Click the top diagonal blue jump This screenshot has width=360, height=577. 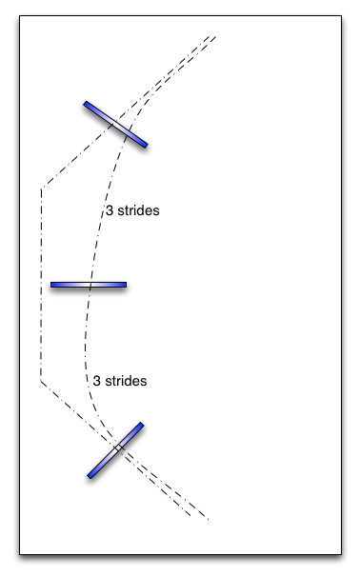click(115, 125)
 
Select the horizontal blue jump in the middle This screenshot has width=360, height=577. click(89, 285)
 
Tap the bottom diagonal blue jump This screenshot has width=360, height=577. click(115, 450)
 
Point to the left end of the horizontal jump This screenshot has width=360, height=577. click(53, 285)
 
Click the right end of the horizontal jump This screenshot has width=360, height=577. click(124, 285)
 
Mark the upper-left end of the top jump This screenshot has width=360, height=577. click(87, 104)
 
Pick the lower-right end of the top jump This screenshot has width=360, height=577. click(145, 146)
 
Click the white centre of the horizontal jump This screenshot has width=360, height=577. click(89, 285)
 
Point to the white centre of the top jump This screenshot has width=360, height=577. click(115, 125)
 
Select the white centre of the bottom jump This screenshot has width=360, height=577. click(115, 450)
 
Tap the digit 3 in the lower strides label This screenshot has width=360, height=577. click(97, 381)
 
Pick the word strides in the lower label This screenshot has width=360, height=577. click(126, 381)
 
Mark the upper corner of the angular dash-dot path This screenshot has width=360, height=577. click(41, 188)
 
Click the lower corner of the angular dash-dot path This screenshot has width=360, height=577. click(41, 381)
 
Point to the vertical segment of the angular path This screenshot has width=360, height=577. click(41, 286)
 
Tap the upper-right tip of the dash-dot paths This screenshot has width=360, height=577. click(216, 36)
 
